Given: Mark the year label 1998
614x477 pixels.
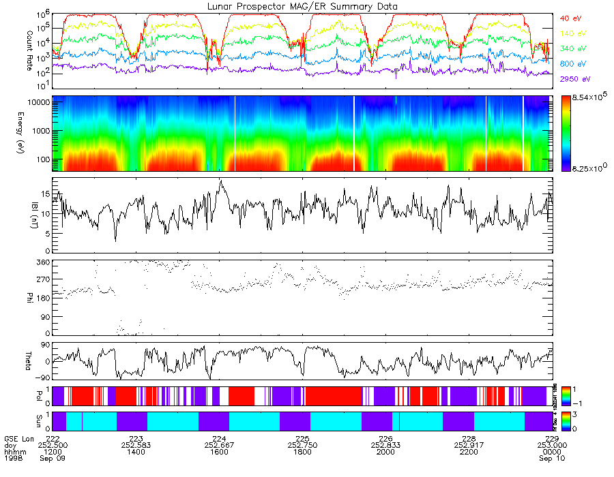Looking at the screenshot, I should tap(12, 457).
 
